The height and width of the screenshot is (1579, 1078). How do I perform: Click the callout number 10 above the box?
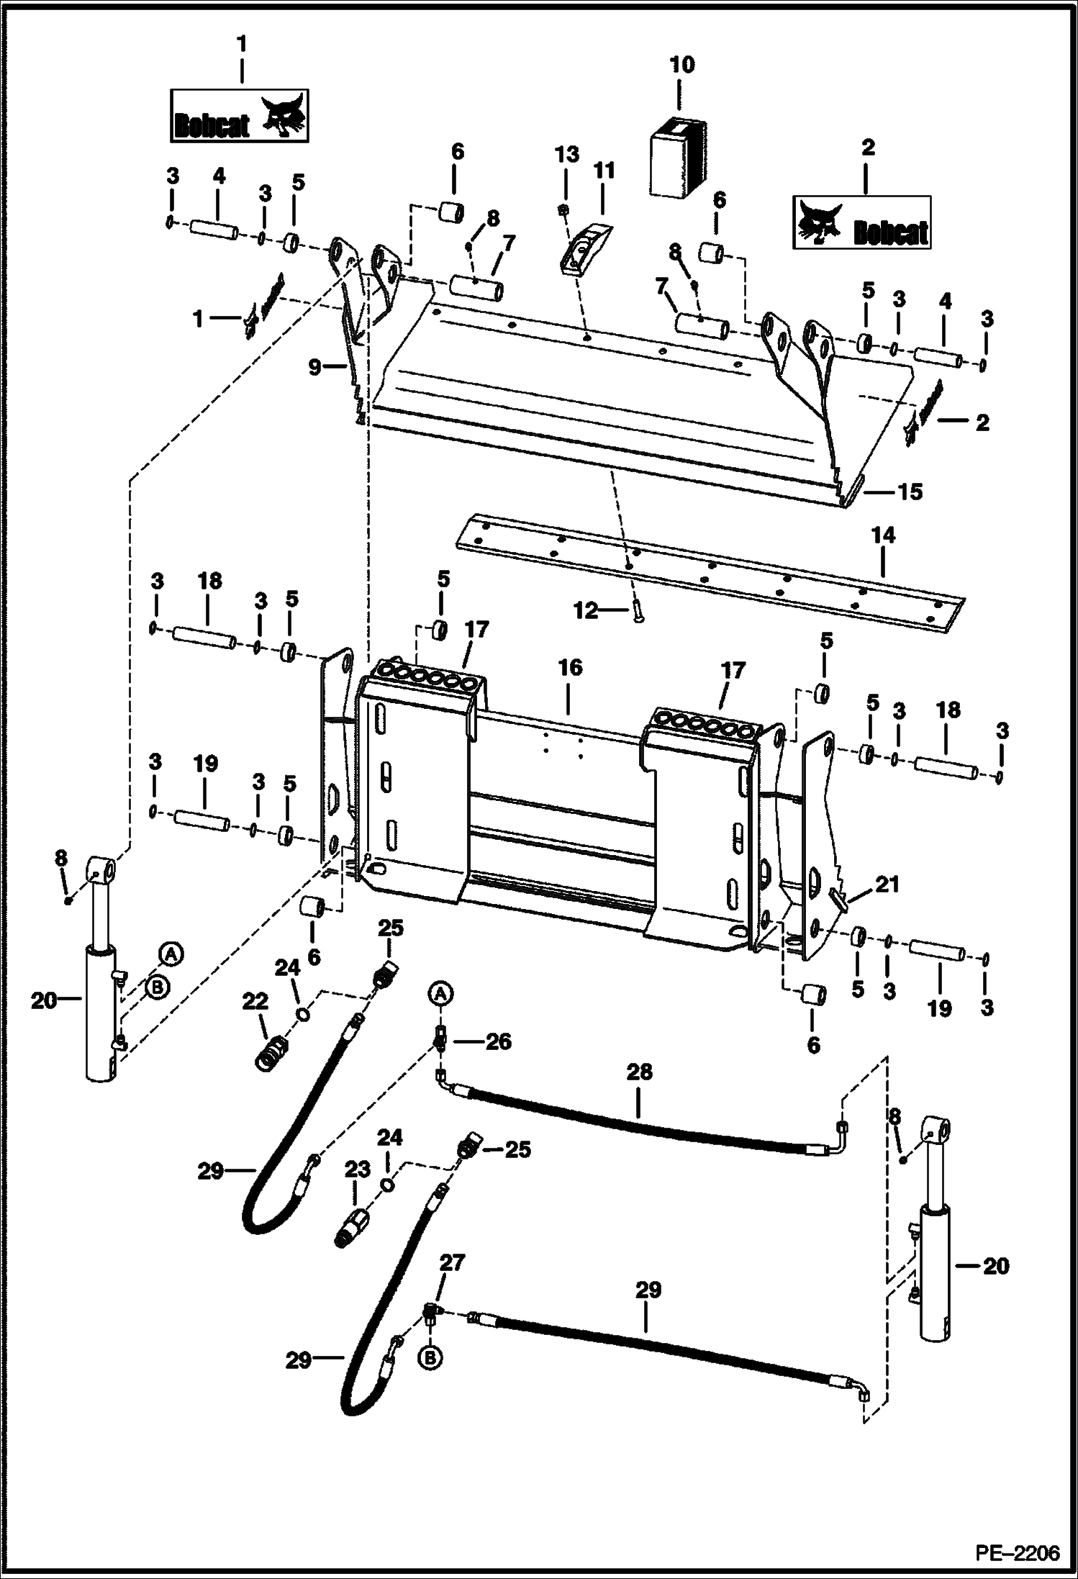point(681,65)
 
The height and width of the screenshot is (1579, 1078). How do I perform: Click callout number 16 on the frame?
point(570,667)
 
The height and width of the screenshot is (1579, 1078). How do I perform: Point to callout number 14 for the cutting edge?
point(883,535)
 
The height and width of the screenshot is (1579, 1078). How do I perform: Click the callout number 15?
point(910,492)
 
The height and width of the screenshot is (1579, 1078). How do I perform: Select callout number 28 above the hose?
point(639,1072)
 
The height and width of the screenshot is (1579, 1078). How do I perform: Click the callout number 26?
point(497,1041)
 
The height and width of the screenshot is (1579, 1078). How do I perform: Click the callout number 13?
point(566,154)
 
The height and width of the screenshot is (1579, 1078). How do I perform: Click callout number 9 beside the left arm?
point(315,367)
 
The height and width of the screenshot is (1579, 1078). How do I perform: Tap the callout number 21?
point(887,884)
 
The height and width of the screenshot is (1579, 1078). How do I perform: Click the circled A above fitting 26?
point(442,994)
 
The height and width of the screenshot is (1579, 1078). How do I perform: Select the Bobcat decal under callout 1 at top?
point(240,116)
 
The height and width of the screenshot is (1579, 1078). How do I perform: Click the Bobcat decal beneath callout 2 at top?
point(861,222)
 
